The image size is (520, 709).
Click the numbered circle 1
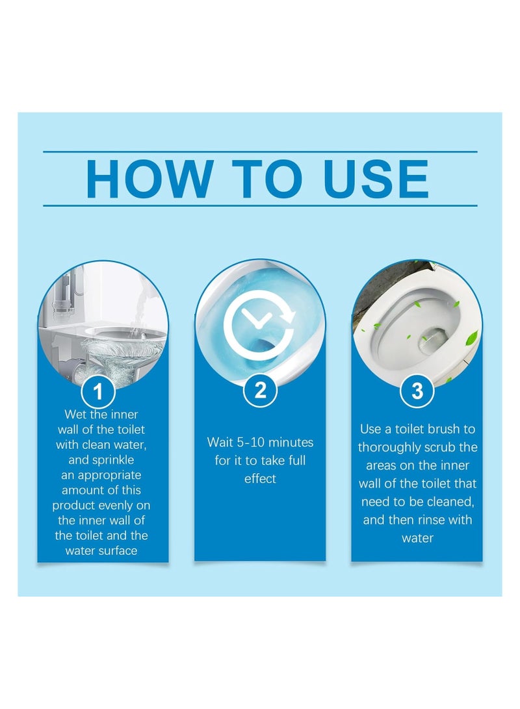[x=98, y=392]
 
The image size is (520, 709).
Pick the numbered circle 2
[x=260, y=391]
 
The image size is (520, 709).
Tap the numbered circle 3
[x=417, y=391]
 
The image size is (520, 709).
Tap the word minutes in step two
[x=290, y=443]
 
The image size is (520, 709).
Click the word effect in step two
[x=260, y=479]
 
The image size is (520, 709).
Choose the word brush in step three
[x=444, y=429]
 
